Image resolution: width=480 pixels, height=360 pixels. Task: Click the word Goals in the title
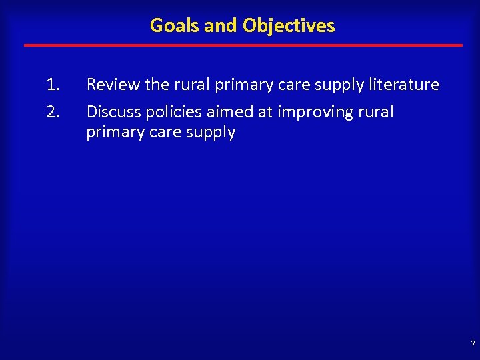pos(172,25)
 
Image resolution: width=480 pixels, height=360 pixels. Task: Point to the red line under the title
pos(243,45)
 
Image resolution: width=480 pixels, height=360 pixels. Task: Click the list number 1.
pos(53,85)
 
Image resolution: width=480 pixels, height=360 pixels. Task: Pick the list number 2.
pos(53,111)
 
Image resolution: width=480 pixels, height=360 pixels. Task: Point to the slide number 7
pos(473,344)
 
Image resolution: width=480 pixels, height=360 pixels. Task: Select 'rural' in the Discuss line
pos(376,111)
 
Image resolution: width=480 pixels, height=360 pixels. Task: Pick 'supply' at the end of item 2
pos(212,132)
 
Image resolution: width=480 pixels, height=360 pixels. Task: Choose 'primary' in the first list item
pos(240,85)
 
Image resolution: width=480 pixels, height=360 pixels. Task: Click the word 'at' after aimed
pos(264,111)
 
